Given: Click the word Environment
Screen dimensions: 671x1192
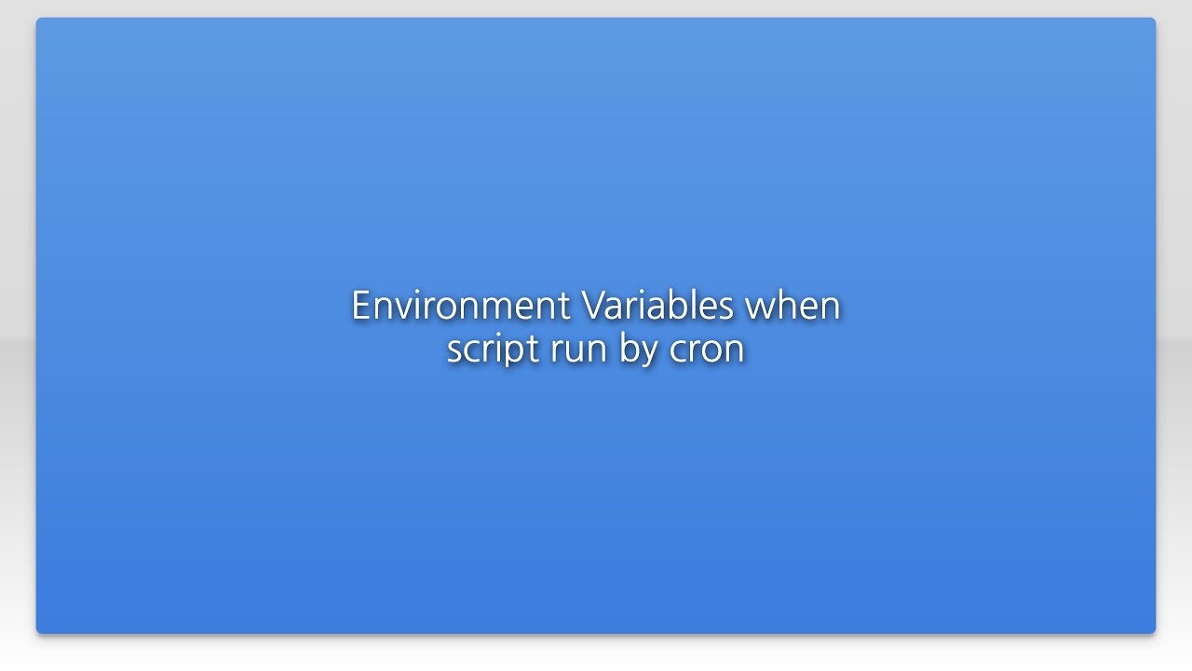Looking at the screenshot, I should [460, 306].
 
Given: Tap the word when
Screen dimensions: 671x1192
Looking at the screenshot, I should [794, 306].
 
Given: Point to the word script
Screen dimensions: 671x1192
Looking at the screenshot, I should [493, 349].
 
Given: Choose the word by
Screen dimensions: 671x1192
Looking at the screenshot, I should [638, 349].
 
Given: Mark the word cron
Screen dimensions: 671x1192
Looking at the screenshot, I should [707, 349].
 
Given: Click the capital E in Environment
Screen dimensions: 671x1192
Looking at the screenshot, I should [360, 306].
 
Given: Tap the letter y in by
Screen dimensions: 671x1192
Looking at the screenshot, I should [648, 353].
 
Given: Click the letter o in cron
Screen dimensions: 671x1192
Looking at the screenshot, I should [711, 351].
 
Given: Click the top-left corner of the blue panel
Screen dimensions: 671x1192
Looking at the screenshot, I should [37, 19].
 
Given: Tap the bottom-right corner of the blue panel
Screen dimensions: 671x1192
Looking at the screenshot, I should [1155, 633].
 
